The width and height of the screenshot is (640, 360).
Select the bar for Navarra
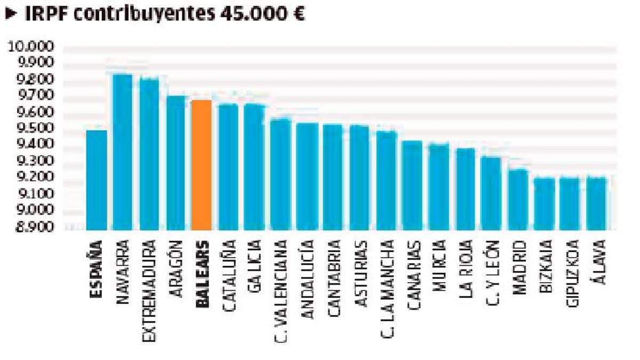coord(123,152)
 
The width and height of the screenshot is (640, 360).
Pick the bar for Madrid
coord(517,199)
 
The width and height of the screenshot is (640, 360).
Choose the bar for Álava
coord(596,203)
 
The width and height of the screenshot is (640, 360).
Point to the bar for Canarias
coord(412,185)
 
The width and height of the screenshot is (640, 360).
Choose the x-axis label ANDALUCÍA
coord(307,279)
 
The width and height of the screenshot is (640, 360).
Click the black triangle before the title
coord(11,14)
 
